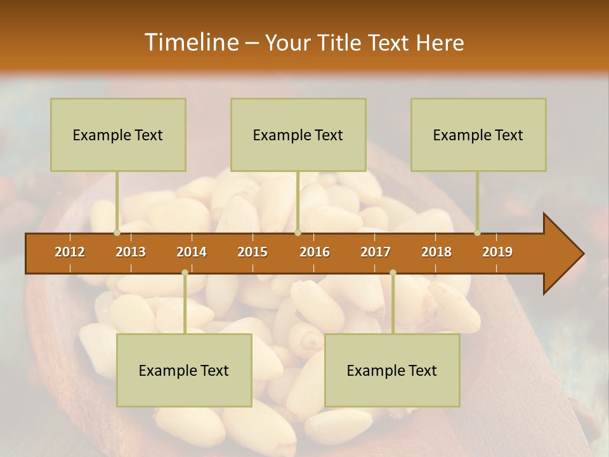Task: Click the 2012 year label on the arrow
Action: pyautogui.click(x=70, y=252)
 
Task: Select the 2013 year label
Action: pyautogui.click(x=131, y=252)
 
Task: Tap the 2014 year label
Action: pyautogui.click(x=192, y=252)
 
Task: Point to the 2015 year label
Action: pyautogui.click(x=252, y=252)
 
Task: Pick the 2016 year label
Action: pyautogui.click(x=315, y=252)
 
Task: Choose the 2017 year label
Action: pyautogui.click(x=376, y=252)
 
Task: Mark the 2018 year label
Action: pyautogui.click(x=436, y=252)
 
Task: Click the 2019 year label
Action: pyautogui.click(x=497, y=252)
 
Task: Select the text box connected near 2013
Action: pyautogui.click(x=118, y=135)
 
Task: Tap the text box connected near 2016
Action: pyautogui.click(x=298, y=135)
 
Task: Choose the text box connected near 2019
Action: pyautogui.click(x=478, y=135)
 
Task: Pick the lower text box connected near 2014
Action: pyautogui.click(x=184, y=371)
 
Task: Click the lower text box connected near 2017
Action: pyautogui.click(x=392, y=371)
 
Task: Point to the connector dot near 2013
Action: pyautogui.click(x=117, y=232)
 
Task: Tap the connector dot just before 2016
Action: pyautogui.click(x=298, y=232)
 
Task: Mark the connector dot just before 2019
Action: pyautogui.click(x=477, y=232)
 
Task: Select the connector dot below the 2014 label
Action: pyautogui.click(x=185, y=272)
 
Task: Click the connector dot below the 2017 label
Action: pyautogui.click(x=393, y=272)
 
